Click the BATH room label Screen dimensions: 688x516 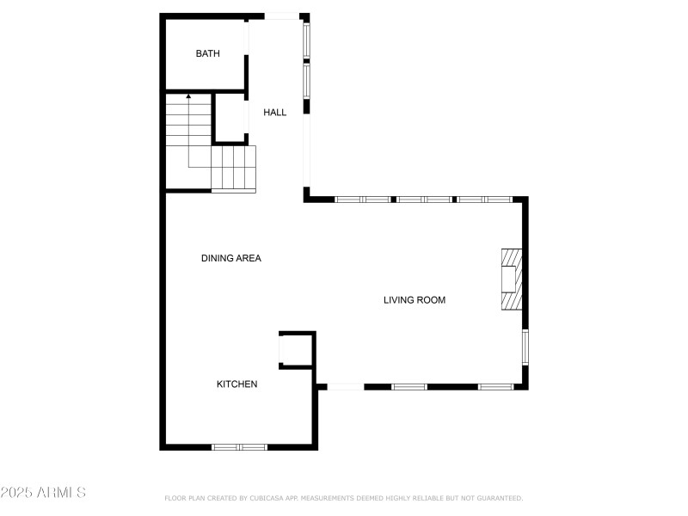coord(207,53)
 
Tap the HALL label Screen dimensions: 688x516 coord(274,113)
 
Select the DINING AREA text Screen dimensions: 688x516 coord(231,258)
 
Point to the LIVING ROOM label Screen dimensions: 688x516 coord(415,300)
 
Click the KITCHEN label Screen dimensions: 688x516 coord(237,384)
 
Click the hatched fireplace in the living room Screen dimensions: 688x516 coord(512,279)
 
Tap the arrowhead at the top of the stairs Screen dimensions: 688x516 coord(188,95)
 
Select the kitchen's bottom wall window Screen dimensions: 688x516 coord(239,447)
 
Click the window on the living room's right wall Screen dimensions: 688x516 coord(525,347)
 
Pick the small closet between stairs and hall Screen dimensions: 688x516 coord(230,118)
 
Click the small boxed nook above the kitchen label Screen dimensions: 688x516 coord(296,350)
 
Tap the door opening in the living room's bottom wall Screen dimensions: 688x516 coord(346,386)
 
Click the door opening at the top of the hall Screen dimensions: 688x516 coord(282,16)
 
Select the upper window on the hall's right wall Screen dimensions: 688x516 coord(306,40)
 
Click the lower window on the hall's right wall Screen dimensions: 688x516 coord(306,81)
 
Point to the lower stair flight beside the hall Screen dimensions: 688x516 coord(233,169)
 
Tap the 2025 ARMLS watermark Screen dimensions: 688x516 coord(43,492)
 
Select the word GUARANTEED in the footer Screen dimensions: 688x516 coord(500,498)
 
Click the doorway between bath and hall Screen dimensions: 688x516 coord(247,37)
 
